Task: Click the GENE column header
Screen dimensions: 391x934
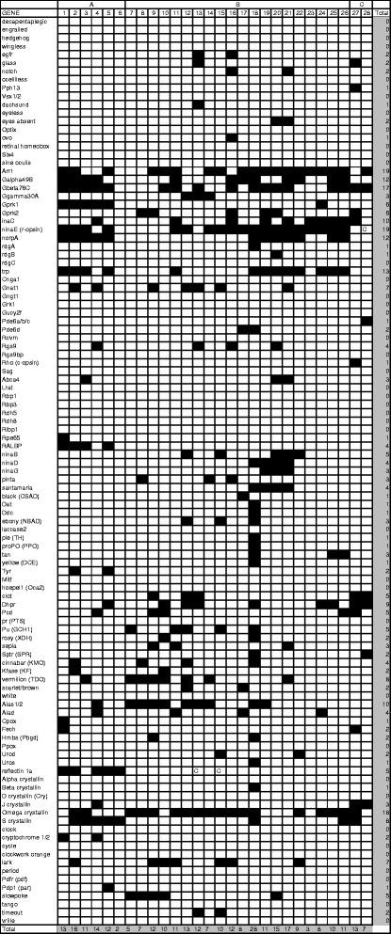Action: (11, 12)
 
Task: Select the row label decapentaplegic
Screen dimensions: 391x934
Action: (24, 21)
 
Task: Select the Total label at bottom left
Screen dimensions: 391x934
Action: (8, 928)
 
